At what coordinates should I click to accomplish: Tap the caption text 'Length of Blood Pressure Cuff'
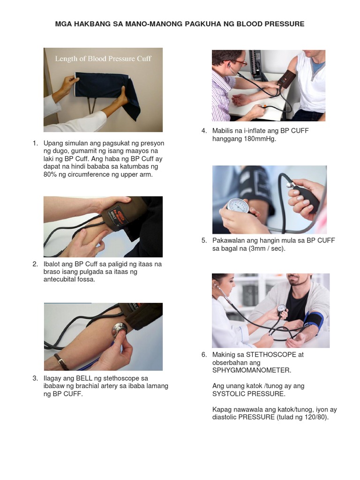[103, 59]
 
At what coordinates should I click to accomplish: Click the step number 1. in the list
[36, 143]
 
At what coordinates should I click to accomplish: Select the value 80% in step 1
[50, 174]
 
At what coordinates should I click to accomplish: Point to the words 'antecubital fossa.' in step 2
[69, 279]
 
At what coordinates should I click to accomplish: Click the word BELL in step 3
[84, 378]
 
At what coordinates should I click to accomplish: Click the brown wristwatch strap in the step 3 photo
[61, 361]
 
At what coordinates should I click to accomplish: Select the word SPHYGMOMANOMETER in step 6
[252, 370]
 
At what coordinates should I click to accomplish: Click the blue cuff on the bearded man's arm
[313, 322]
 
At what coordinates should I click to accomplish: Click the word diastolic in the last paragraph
[225, 417]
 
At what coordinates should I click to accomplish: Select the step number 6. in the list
[204, 355]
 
